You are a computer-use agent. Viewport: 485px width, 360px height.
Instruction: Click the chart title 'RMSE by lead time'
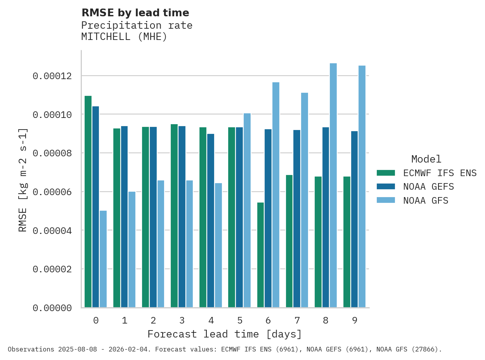[135, 13]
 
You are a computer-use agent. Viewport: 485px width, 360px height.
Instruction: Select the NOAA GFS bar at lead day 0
[103, 259]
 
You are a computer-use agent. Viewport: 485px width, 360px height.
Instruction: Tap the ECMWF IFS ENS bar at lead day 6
[261, 255]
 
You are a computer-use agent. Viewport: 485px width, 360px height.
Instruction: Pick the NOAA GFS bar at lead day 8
[333, 185]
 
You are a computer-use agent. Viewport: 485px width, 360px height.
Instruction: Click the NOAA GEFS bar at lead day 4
[211, 221]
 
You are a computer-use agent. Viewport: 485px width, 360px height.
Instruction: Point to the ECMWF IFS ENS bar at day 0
[88, 202]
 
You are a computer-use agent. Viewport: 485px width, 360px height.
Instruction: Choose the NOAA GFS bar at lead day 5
[247, 210]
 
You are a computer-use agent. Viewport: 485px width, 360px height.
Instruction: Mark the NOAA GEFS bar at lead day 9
[355, 219]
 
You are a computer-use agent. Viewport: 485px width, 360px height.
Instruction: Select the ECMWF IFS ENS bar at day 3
[174, 216]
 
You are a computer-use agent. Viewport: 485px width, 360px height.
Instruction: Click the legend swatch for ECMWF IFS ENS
[386, 173]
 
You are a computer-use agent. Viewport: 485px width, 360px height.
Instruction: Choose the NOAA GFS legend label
[426, 201]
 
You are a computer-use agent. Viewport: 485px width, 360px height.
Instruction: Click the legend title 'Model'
[426, 159]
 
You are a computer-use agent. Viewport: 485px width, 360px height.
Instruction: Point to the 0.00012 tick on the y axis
[52, 76]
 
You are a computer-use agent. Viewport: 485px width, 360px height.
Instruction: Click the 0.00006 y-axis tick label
[52, 192]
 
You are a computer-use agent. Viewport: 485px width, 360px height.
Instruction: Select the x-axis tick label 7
[297, 320]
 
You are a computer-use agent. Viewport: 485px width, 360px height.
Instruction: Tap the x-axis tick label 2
[153, 320]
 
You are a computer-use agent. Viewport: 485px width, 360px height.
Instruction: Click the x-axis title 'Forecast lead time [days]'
[225, 334]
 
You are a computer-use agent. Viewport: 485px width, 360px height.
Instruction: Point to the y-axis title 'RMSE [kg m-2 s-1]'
[23, 180]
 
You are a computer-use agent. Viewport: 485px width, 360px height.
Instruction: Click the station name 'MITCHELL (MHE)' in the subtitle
[124, 37]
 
